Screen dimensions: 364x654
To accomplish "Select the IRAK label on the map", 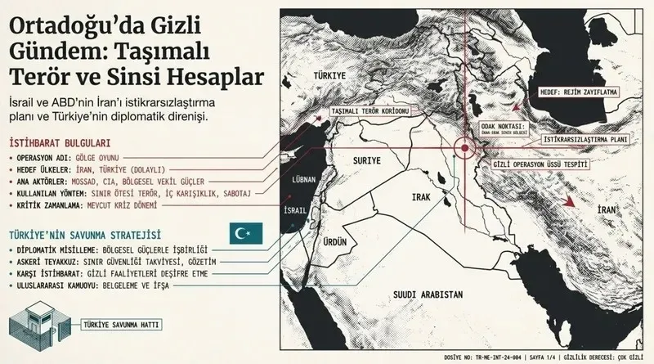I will (x=421, y=198).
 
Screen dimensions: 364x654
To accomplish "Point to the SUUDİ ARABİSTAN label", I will (x=429, y=294).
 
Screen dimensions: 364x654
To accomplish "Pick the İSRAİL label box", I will (x=295, y=210).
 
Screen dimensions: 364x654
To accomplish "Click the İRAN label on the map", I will (x=606, y=211).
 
